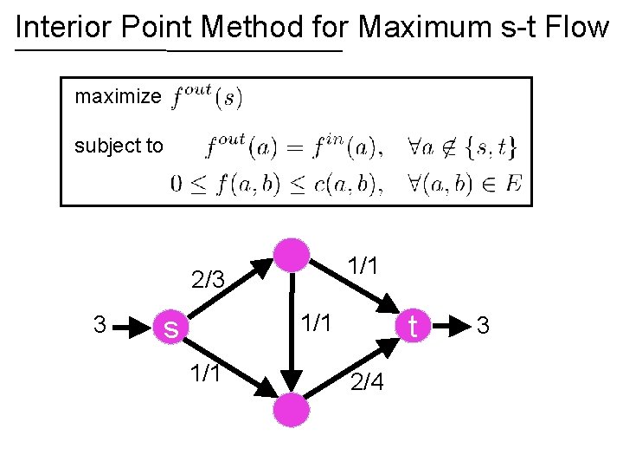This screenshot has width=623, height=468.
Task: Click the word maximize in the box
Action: pos(118,96)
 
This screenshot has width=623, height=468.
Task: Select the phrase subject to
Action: pos(119,146)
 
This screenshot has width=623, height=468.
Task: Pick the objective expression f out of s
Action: pos(207,96)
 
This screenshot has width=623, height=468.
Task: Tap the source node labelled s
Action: pos(171,328)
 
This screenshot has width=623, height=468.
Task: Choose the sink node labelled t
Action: pos(413,326)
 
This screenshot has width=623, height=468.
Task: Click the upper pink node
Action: pos(292,254)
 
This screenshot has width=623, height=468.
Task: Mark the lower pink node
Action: pos(292,408)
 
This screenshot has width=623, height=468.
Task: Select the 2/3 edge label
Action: pos(208,280)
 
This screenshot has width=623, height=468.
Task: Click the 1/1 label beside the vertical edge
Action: pos(317,322)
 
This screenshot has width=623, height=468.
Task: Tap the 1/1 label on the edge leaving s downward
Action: pos(208,374)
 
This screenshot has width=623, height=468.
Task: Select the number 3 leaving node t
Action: pos(484,327)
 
